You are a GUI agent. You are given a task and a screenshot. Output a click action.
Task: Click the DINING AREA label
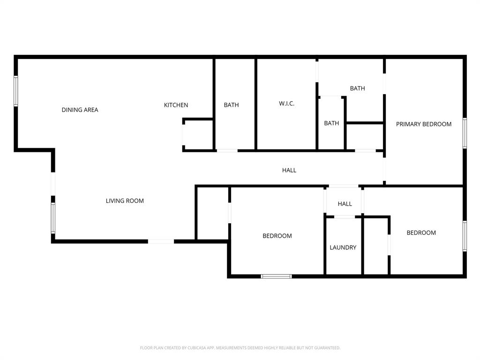[x=80, y=110]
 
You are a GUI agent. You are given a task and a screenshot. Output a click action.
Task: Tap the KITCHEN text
[x=176, y=105]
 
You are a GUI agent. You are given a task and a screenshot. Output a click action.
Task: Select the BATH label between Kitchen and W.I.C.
[x=231, y=105]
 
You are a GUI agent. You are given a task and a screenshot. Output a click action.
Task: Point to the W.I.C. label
[x=286, y=104]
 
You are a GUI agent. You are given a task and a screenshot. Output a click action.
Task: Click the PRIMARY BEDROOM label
[x=424, y=124]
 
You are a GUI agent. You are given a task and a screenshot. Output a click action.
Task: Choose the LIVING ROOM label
[x=125, y=201]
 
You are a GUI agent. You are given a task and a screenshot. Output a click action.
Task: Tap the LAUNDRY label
[x=343, y=247]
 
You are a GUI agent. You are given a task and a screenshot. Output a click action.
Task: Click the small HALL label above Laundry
[x=345, y=204]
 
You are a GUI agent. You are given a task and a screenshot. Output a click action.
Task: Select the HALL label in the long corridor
[x=289, y=170]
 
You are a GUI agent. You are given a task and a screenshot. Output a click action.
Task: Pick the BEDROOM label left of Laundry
[x=277, y=236]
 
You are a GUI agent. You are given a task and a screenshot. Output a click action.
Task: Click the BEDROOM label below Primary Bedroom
[x=421, y=232]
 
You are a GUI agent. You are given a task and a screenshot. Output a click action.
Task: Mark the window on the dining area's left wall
[x=16, y=91]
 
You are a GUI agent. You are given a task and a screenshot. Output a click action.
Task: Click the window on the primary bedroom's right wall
[x=465, y=133]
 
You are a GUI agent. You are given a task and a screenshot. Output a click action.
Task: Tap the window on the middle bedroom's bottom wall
[x=276, y=276]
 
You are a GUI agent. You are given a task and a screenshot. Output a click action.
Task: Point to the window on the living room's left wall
[x=53, y=218]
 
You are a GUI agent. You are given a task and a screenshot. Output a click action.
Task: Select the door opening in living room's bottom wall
[x=161, y=241]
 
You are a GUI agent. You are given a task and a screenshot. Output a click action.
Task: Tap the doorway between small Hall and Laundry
[x=344, y=217]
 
